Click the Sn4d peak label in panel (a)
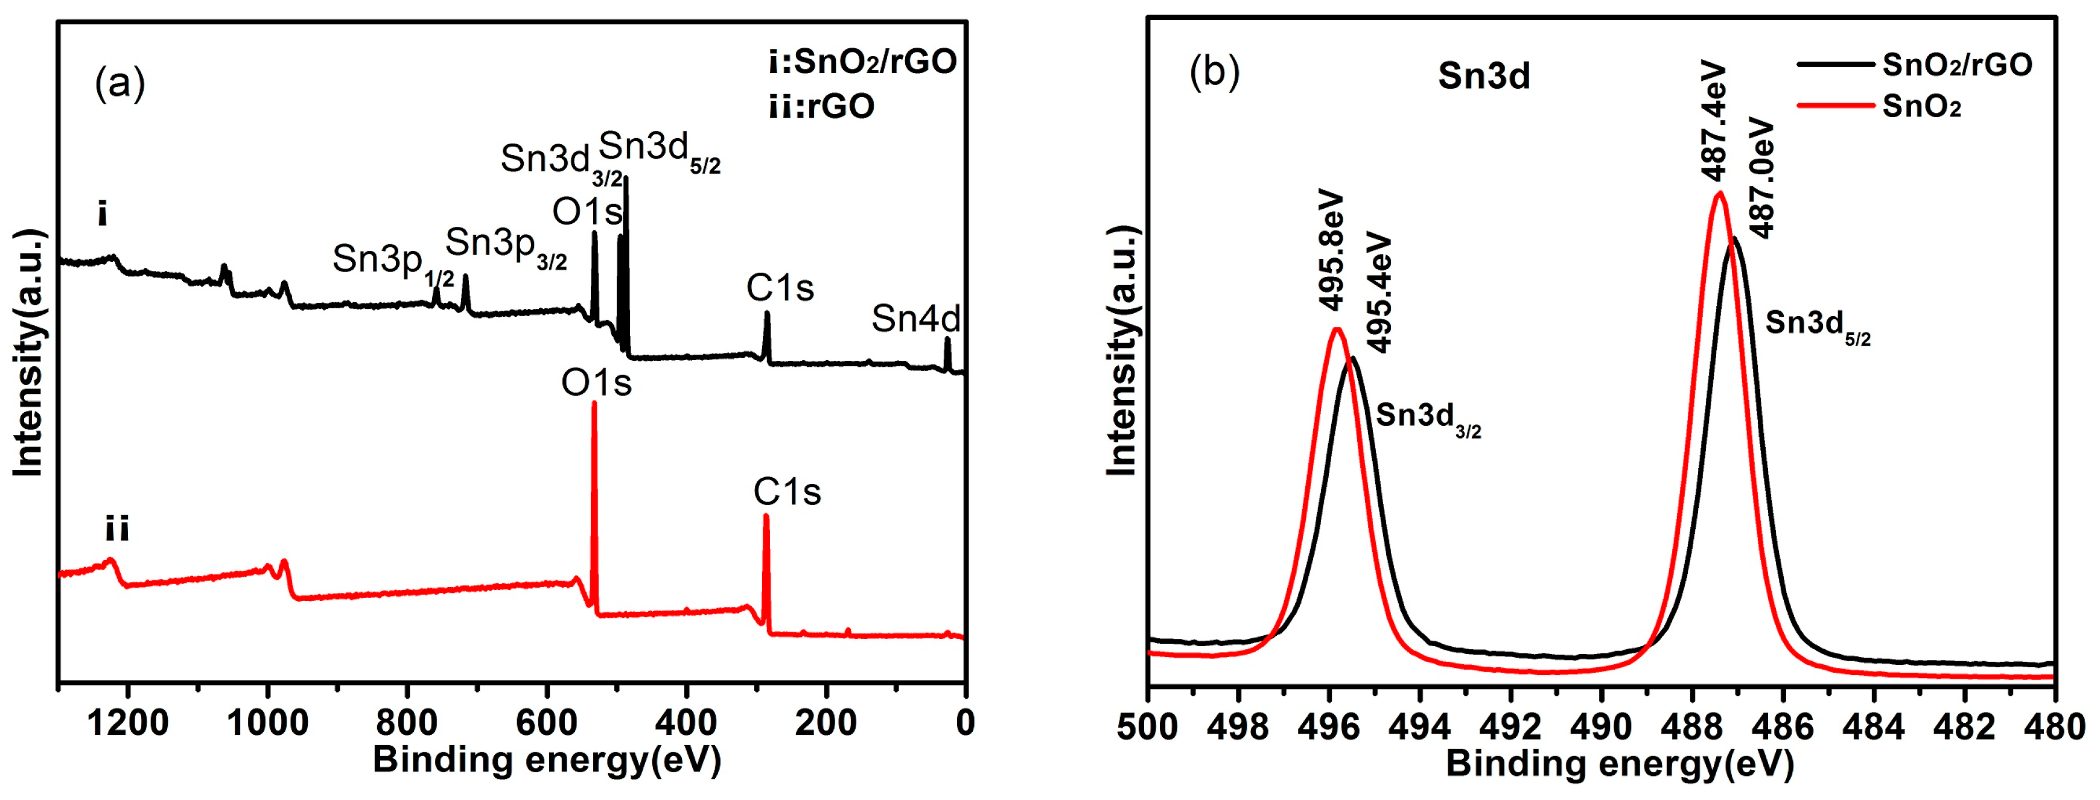915,319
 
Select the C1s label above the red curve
787,491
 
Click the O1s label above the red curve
596,382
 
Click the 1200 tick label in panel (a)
128,723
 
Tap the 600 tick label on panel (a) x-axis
547,723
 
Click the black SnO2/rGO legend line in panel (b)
1834,63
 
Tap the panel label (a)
120,83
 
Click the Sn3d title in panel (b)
1484,76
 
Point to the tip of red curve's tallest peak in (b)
1719,193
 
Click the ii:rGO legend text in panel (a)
821,106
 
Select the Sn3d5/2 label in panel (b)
1817,326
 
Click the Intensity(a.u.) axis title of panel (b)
1122,351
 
